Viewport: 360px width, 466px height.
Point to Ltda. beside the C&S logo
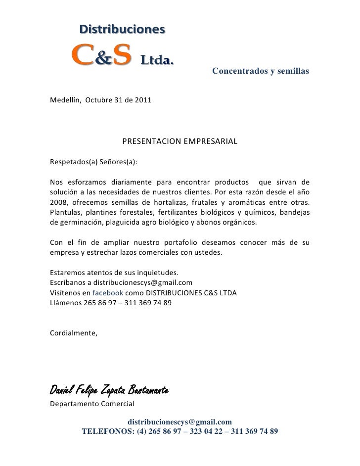(158, 61)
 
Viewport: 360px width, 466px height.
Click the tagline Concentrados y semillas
(260, 72)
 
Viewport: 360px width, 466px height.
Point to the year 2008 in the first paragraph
(59, 203)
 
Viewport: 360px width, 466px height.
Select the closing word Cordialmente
(74, 332)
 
